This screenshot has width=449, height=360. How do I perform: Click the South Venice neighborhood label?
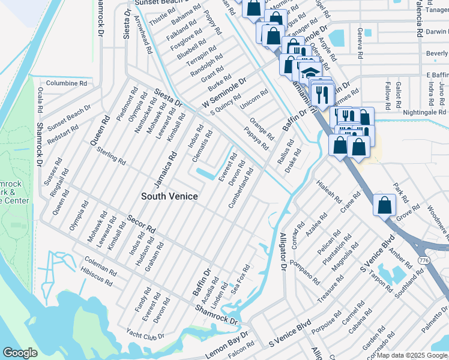pyautogui.click(x=169, y=196)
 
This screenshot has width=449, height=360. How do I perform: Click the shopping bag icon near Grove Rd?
pyautogui.click(x=384, y=205)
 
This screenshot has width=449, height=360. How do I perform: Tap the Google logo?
pyautogui.click(x=20, y=353)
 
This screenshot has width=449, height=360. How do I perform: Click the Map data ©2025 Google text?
pyautogui.click(x=412, y=355)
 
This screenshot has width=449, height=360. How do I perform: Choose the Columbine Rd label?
pyautogui.click(x=67, y=83)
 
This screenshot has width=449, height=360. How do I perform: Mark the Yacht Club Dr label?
pyautogui.click(x=145, y=335)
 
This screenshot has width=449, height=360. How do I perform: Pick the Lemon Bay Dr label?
pyautogui.click(x=227, y=344)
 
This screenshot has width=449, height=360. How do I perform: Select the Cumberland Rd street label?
pyautogui.click(x=240, y=188)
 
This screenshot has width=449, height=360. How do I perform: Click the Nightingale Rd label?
pyautogui.click(x=424, y=112)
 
